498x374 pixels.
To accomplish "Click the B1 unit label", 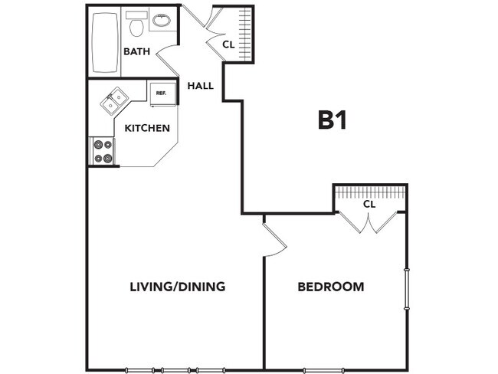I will (x=333, y=120).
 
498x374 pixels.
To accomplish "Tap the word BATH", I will (x=136, y=52).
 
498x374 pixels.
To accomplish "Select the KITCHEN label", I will (x=146, y=128).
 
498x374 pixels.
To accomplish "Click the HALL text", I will (x=200, y=86).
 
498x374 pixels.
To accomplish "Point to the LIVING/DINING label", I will (x=177, y=287).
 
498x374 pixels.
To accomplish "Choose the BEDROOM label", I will (x=330, y=287).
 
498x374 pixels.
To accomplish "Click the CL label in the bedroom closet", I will (x=369, y=205).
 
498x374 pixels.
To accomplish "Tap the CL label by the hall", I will (x=228, y=45).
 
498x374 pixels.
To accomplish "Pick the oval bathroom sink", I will (x=162, y=21).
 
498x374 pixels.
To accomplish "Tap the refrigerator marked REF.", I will (x=162, y=93).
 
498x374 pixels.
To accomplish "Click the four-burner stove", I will (x=103, y=151).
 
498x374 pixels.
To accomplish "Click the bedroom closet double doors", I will (x=369, y=223).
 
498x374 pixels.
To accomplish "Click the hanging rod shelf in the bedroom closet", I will (x=369, y=191).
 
